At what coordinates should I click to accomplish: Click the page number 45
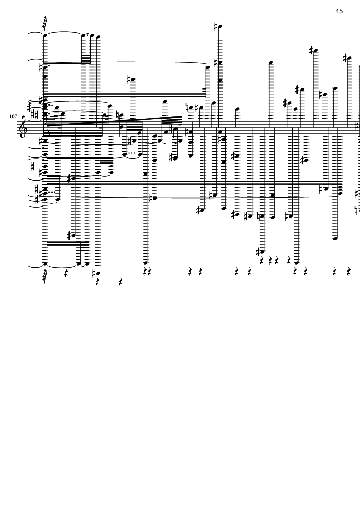pos(339,11)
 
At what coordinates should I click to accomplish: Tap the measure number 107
pos(13,116)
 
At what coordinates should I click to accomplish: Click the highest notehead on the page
pos(220,27)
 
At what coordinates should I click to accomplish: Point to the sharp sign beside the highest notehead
pos(216,26)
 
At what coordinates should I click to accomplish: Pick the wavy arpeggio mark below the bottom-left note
pos(45,275)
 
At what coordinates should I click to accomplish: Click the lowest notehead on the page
pos(98,273)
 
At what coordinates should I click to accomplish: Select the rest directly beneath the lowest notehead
pos(97,283)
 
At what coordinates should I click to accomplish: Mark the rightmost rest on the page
pos(349,272)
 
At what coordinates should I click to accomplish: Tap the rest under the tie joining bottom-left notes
pos(66,274)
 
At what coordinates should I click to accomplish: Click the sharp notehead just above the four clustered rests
pos(262,252)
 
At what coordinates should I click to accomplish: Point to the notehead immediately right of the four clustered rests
pos(297,262)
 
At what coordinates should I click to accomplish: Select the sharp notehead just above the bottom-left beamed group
pos(73,235)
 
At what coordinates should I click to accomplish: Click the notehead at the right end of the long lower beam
pos(340,193)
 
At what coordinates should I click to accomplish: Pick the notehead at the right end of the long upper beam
pos(208,68)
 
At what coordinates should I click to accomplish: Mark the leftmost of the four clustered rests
pos(262,260)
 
